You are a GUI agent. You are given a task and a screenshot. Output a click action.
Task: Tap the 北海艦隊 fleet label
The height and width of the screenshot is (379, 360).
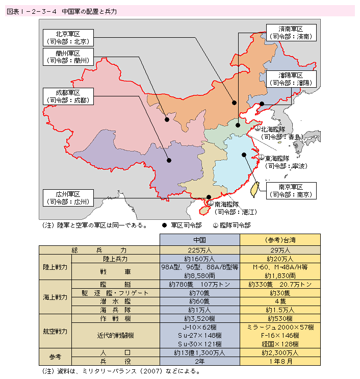pyautogui.click(x=280, y=133)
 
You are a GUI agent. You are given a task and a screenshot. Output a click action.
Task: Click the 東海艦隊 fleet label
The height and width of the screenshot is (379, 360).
pyautogui.click(x=285, y=162)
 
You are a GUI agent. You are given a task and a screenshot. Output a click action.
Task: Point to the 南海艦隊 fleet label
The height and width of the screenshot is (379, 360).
pyautogui.click(x=236, y=208)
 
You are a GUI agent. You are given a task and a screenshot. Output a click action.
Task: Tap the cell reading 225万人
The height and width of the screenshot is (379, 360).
pyautogui.click(x=199, y=250)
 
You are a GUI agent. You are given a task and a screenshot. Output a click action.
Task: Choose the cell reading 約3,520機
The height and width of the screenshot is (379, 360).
pyautogui.click(x=199, y=318)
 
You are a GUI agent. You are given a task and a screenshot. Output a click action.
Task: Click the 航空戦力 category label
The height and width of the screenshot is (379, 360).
pyautogui.click(x=55, y=331)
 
